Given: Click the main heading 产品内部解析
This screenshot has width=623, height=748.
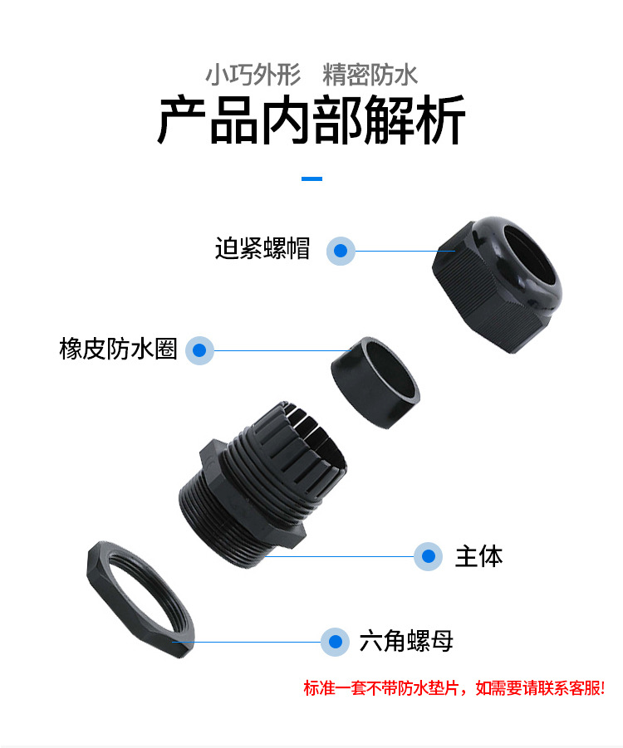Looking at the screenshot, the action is (311, 120).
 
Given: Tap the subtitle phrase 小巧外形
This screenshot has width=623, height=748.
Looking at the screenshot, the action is (253, 75).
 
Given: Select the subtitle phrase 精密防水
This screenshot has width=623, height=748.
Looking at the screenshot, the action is (370, 75).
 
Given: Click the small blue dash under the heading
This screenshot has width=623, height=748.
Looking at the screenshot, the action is (311, 178).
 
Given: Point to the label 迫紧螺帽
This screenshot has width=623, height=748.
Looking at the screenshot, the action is (262, 248).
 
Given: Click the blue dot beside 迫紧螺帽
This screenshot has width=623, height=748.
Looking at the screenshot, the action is (341, 251).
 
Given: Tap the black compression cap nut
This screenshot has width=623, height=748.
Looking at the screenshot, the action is (497, 284).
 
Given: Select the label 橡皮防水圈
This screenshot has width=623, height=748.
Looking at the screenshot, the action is (119, 349).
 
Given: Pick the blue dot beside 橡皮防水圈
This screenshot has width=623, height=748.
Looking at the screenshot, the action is (199, 350).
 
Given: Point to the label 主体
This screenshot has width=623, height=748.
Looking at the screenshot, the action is (478, 557).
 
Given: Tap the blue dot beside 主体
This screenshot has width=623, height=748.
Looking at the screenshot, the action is (429, 556).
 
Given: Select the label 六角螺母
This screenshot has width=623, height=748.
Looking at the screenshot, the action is (406, 641).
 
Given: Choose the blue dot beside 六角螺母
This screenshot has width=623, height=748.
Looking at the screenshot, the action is (336, 642).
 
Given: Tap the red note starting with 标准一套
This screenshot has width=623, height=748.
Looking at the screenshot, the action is (454, 688).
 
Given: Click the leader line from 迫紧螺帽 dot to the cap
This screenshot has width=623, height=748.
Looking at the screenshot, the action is (405, 251).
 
